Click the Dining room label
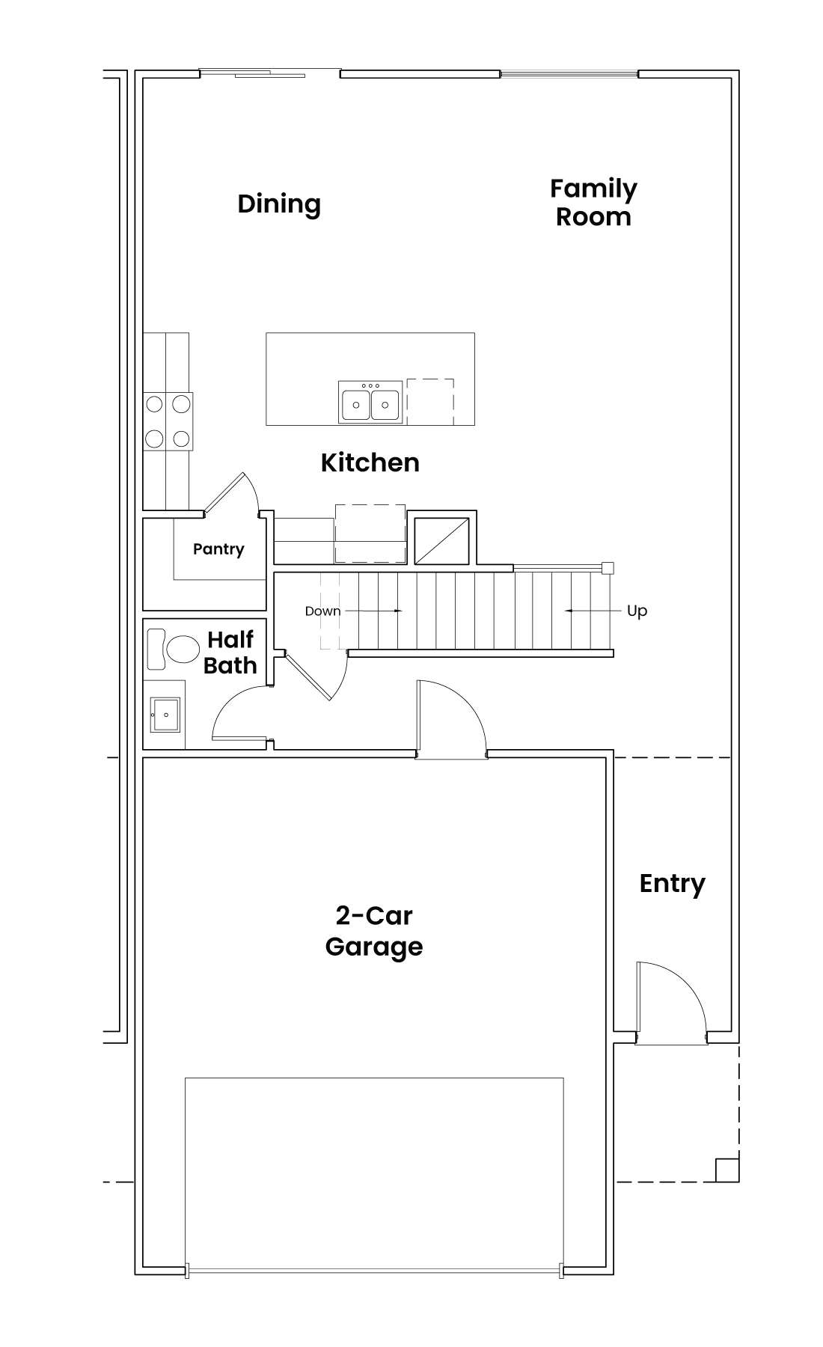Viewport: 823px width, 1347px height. [x=279, y=204]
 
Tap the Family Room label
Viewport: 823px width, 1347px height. [x=593, y=202]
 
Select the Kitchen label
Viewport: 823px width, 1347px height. [x=370, y=462]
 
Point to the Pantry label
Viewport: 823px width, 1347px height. [x=218, y=549]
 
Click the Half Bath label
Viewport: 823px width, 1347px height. [x=230, y=653]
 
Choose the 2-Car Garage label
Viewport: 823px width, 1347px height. [x=374, y=931]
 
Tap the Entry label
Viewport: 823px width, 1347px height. [x=673, y=884]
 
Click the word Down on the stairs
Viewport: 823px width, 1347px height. [x=322, y=611]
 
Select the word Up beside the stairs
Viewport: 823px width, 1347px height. [x=637, y=611]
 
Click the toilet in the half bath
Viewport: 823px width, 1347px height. [x=173, y=649]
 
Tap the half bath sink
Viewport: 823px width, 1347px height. [x=165, y=715]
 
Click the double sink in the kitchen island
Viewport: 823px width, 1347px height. [x=370, y=402]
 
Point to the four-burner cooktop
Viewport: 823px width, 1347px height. [x=168, y=421]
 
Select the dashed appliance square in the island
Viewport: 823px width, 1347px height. [x=430, y=401]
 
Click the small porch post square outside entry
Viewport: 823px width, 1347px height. [x=727, y=1170]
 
